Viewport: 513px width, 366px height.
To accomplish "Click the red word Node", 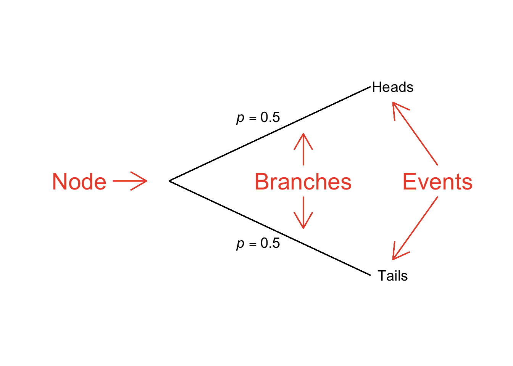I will (79, 181).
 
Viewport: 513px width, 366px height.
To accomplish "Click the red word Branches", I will (303, 182).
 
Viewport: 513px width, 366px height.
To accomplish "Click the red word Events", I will (437, 182).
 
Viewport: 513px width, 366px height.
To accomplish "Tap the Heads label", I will (392, 87).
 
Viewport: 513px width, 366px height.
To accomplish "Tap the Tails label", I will (392, 276).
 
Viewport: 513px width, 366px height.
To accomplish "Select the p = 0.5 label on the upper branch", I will (258, 117).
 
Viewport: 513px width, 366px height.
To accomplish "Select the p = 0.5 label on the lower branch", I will (258, 243).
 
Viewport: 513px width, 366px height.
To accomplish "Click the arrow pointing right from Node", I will (130, 181).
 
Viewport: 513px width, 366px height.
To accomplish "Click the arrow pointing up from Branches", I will (303, 149).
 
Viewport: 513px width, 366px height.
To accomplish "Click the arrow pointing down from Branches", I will (303, 213).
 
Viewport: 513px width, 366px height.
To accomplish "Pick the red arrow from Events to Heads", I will (415, 134).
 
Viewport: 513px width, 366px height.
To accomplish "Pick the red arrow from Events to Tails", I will (415, 228).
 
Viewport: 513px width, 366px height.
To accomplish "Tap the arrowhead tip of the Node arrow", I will (146, 181).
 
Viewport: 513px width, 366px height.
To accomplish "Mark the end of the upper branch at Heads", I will (369, 87).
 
